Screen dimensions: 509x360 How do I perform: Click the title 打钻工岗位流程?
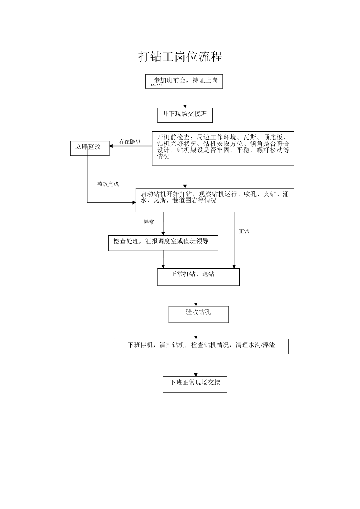[x=180, y=57]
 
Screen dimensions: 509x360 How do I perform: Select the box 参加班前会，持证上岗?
[x=184, y=81]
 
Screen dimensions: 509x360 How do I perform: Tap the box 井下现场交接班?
[x=185, y=115]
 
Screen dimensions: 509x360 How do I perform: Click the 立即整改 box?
[x=90, y=148]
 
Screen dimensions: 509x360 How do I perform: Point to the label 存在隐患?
[x=130, y=142]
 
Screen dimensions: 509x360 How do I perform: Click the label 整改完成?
[x=108, y=184]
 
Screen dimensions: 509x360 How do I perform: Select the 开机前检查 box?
[x=223, y=148]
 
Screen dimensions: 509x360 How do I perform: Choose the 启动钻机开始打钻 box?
[x=215, y=200]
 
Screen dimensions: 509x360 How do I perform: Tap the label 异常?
[x=149, y=222]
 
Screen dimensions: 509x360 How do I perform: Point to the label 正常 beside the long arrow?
[x=244, y=231]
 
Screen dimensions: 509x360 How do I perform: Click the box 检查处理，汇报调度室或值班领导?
[x=163, y=243]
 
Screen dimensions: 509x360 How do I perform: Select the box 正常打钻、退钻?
[x=199, y=276]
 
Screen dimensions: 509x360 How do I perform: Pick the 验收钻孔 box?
[x=198, y=314]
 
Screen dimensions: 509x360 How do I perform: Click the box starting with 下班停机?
[x=201, y=346]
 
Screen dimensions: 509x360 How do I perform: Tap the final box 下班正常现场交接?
[x=195, y=384]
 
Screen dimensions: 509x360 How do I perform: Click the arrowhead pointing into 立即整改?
[x=111, y=146]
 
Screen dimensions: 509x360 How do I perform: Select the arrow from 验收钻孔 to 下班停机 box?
[x=196, y=332]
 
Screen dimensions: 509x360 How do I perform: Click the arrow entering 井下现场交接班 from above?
[x=185, y=104]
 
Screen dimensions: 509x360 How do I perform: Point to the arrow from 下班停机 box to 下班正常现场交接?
[x=196, y=365]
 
